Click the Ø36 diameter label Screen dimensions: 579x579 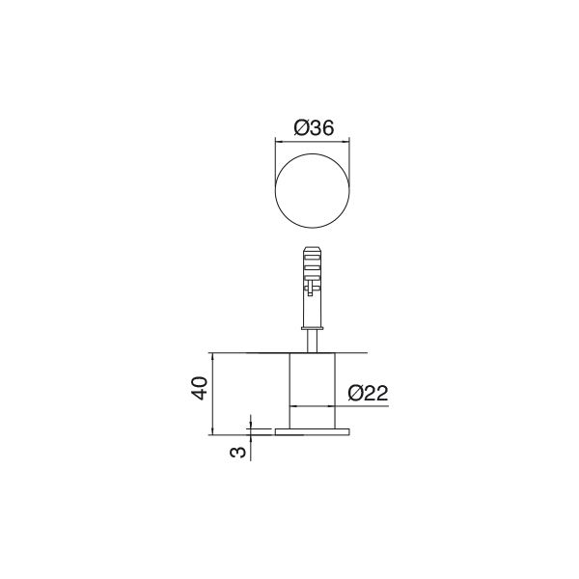314,126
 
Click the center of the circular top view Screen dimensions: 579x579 314,190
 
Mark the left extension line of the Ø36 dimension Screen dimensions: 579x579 276,154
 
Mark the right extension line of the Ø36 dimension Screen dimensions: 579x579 352,154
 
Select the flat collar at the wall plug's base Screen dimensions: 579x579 314,325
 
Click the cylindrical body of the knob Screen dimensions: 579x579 314,381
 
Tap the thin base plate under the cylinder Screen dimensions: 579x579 314,430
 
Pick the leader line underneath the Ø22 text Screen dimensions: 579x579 367,406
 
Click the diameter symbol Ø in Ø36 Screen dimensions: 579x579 300,126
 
